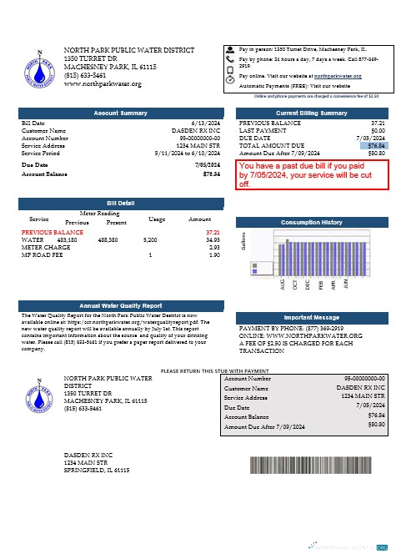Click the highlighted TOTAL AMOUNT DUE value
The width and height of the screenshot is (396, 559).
tap(376, 146)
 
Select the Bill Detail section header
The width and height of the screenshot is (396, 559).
tap(120, 204)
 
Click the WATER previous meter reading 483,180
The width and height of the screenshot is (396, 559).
tap(67, 239)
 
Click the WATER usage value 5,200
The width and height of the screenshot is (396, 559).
tap(150, 239)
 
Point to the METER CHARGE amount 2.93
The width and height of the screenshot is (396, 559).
tap(214, 247)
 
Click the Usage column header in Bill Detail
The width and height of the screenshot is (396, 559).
tap(157, 219)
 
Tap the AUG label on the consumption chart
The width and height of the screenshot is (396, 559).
tap(283, 285)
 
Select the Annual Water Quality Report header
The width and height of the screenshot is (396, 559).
tap(120, 305)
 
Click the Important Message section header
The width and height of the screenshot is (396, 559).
tap(312, 318)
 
